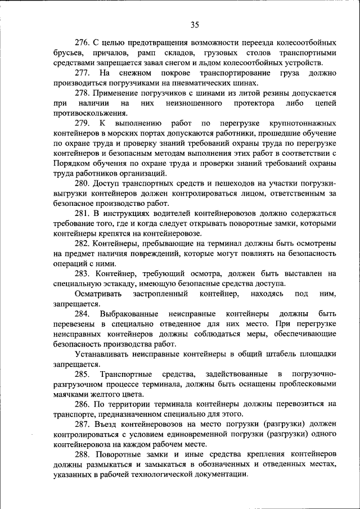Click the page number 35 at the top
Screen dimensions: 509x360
pyautogui.click(x=195, y=24)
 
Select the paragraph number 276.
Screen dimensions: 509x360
pyautogui.click(x=84, y=43)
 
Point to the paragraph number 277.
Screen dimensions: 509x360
pyautogui.click(x=84, y=73)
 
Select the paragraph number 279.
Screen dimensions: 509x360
pyautogui.click(x=84, y=123)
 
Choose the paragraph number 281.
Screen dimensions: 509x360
pyautogui.click(x=84, y=214)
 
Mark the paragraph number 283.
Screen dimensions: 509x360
pyautogui.click(x=84, y=274)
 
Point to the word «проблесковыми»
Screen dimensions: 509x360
pyautogui.click(x=307, y=384)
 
